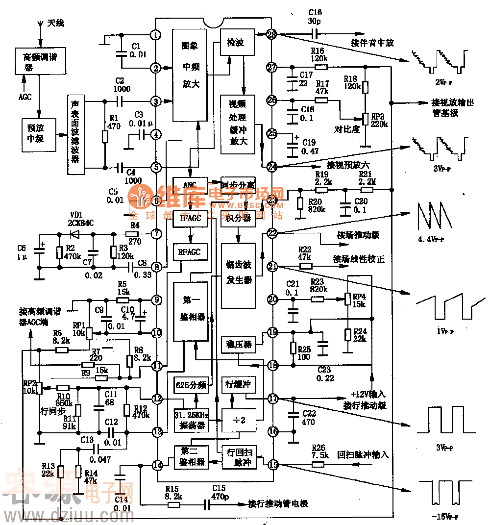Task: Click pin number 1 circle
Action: [x=156, y=35]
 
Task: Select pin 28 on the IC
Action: [x=272, y=34]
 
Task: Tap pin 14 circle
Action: [x=157, y=465]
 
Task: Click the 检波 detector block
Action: [x=238, y=42]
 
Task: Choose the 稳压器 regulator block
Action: [x=238, y=344]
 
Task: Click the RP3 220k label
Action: [x=379, y=121]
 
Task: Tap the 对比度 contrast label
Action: [x=347, y=129]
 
